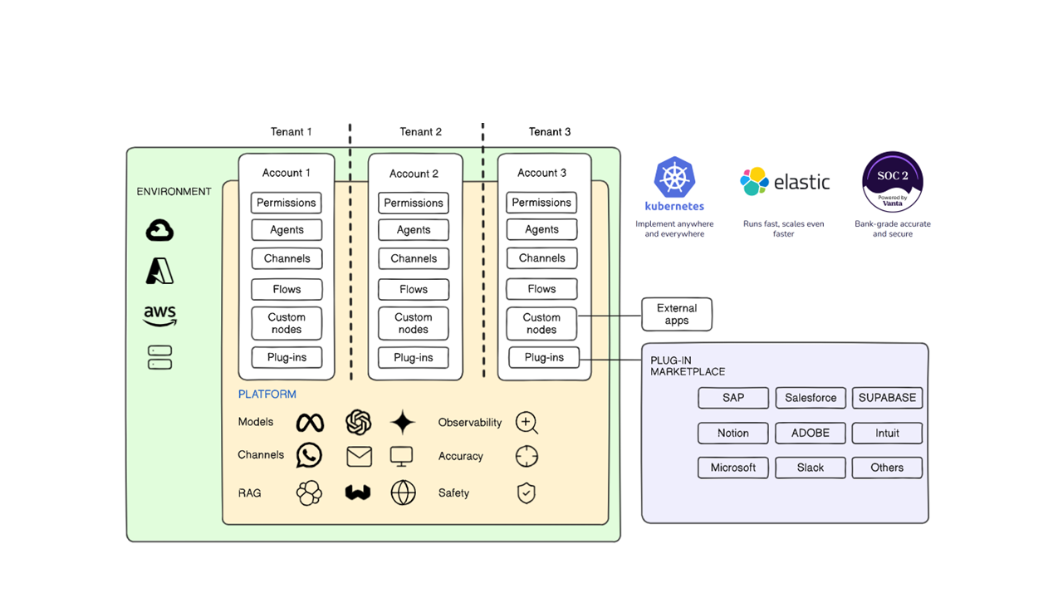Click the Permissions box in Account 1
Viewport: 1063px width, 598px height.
click(x=287, y=203)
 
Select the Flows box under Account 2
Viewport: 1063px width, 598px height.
click(x=414, y=289)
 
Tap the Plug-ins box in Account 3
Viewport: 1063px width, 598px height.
click(x=544, y=357)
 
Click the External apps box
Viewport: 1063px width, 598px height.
click(x=677, y=314)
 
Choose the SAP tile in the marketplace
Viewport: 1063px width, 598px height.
click(x=733, y=398)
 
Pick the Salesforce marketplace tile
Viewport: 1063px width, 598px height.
click(x=811, y=398)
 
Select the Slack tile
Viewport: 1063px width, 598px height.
click(x=811, y=468)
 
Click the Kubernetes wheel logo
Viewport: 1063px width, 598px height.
click(x=674, y=178)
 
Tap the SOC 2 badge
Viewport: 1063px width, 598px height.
click(x=893, y=182)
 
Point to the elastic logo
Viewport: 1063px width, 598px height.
click(x=785, y=182)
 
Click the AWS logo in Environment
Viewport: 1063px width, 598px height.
click(x=159, y=316)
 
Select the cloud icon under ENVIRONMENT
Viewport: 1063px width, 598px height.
click(x=159, y=230)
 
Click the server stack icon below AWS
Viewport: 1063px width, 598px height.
click(x=159, y=358)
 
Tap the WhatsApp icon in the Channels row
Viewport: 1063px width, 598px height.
click(x=309, y=455)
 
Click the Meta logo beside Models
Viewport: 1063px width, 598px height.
click(x=310, y=423)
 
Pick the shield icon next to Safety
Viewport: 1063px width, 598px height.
click(x=526, y=493)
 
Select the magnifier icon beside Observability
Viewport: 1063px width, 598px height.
click(x=527, y=423)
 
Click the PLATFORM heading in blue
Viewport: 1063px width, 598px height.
click(x=267, y=395)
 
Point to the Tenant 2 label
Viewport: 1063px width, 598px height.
click(x=420, y=132)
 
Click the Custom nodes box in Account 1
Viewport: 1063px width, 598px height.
click(x=287, y=323)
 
